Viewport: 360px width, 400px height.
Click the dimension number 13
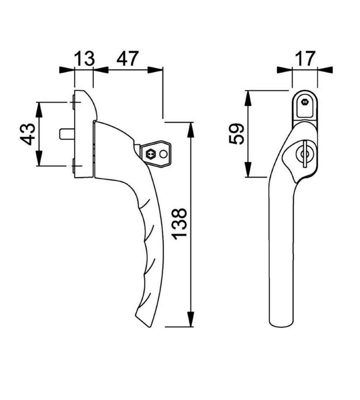(x=84, y=59)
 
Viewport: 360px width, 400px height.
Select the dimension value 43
(x=28, y=134)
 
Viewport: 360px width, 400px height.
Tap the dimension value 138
(x=181, y=224)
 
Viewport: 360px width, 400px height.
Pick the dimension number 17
(x=305, y=59)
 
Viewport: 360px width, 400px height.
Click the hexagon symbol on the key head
(x=151, y=153)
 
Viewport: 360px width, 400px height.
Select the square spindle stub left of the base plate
(x=65, y=133)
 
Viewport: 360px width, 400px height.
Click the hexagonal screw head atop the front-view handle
(x=305, y=102)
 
